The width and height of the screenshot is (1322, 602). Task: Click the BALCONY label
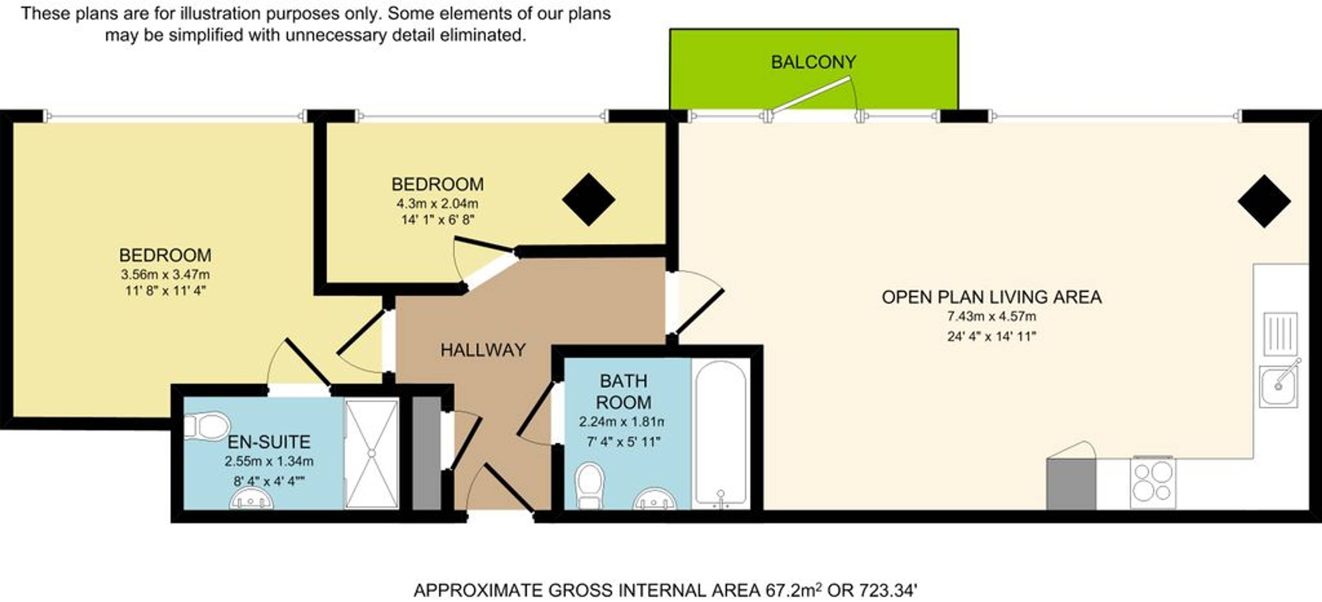click(814, 62)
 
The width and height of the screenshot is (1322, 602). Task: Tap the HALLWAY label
click(483, 350)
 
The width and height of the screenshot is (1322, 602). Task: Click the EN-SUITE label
click(269, 442)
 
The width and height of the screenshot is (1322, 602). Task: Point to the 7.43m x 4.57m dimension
click(992, 316)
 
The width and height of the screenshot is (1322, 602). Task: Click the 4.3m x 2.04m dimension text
click(437, 203)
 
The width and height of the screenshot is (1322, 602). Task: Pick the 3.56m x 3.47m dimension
click(165, 274)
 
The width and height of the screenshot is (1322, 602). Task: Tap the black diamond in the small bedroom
click(589, 199)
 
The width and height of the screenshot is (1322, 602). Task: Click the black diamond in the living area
click(1264, 201)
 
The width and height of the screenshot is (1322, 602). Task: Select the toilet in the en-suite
click(206, 426)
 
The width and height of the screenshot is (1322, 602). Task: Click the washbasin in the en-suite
click(251, 498)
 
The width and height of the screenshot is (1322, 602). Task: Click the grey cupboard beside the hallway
click(427, 453)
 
